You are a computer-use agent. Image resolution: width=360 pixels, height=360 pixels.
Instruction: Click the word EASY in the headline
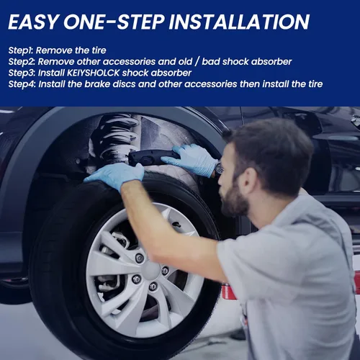(33, 22)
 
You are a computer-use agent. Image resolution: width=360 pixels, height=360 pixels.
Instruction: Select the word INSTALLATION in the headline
(239, 22)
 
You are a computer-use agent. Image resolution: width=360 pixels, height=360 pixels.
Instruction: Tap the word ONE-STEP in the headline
(114, 22)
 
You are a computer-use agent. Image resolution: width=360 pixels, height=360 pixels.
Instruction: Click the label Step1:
(21, 51)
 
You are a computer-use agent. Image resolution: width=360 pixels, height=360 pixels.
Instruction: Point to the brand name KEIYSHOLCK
(93, 73)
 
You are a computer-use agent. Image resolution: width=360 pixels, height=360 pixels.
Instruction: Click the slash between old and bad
(197, 62)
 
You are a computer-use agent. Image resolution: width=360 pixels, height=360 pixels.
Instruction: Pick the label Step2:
(22, 62)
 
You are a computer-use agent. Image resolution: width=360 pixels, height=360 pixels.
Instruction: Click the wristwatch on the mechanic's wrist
(219, 168)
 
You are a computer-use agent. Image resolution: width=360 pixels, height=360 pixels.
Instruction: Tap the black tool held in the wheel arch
(153, 157)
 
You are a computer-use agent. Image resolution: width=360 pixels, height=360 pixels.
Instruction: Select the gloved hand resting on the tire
(114, 175)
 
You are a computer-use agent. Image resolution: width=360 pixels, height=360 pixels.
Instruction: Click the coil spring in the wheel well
(115, 139)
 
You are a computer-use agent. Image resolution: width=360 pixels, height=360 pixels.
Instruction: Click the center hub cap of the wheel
(150, 270)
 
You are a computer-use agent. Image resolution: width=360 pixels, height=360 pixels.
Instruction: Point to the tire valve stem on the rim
(177, 225)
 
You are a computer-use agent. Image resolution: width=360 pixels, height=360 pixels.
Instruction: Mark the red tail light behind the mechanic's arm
(228, 292)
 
